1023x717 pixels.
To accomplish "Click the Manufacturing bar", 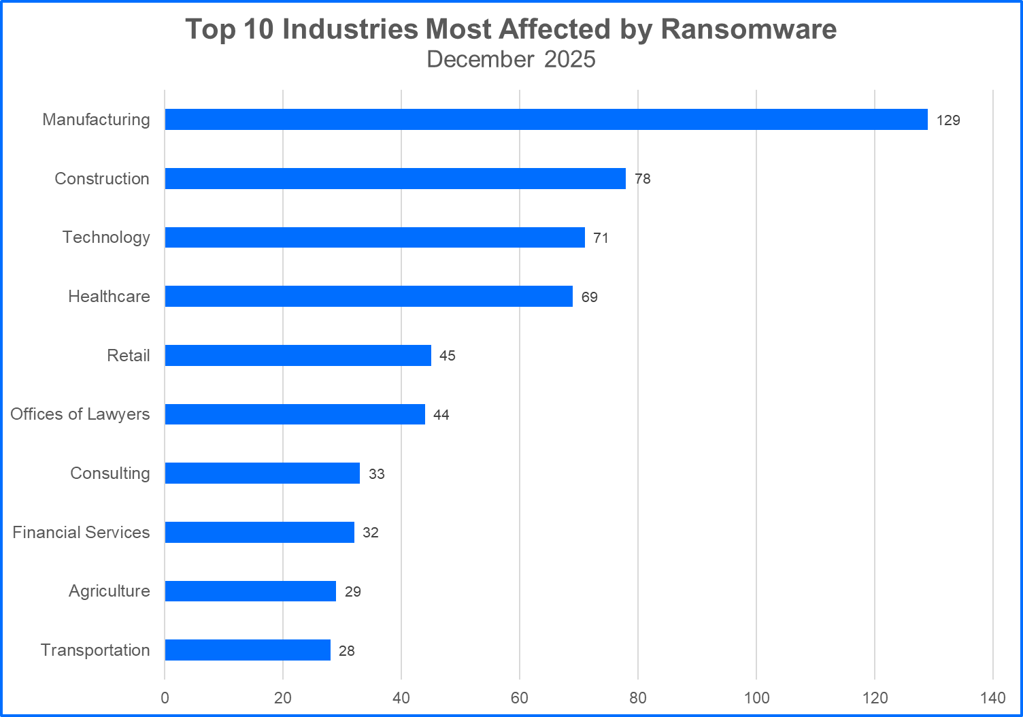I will click(x=546, y=120).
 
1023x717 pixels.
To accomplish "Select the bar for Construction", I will click(x=395, y=179).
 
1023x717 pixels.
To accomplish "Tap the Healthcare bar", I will click(x=369, y=297).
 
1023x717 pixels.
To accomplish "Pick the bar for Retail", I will click(x=298, y=356).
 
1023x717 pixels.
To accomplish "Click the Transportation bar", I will click(x=248, y=650).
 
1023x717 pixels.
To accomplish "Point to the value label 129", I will click(x=948, y=120).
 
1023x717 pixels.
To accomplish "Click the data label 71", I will click(x=601, y=238).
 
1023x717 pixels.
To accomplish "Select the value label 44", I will click(x=441, y=415).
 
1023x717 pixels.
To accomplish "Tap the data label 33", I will click(x=377, y=474).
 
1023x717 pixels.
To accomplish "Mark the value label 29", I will click(x=352, y=592).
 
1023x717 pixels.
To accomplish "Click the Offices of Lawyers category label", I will click(x=80, y=414).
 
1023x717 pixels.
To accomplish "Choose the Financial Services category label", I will click(x=81, y=533).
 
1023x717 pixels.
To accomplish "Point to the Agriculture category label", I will click(x=109, y=591).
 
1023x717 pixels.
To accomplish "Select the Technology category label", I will click(x=106, y=237).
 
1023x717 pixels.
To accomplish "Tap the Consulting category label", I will click(x=110, y=473).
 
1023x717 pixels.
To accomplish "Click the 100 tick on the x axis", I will click(x=756, y=698).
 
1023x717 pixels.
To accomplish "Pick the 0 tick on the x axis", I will click(x=165, y=698).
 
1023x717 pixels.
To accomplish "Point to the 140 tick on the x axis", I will click(x=993, y=698).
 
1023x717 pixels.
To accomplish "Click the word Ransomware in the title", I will click(x=748, y=29).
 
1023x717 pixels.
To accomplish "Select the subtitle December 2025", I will click(x=511, y=60).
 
